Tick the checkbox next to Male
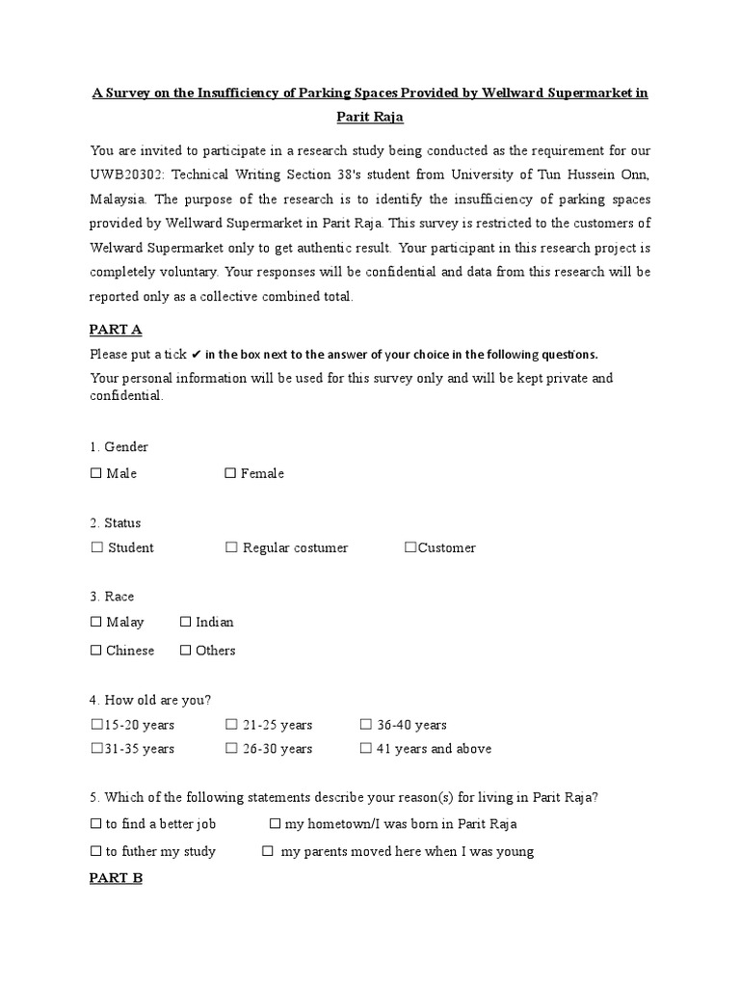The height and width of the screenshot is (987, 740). (95, 473)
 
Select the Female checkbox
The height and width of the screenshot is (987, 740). (230, 473)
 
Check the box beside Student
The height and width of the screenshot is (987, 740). (96, 547)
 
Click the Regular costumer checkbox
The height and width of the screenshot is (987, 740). (231, 547)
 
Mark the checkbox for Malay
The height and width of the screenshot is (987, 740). (95, 623)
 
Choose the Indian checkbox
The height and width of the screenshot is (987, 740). (186, 623)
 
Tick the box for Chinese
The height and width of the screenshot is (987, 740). (95, 651)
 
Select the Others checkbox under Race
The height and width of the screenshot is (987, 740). (185, 651)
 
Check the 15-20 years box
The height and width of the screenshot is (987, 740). (95, 725)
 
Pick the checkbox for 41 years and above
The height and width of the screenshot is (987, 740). (365, 749)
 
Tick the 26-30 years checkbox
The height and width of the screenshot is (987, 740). (231, 749)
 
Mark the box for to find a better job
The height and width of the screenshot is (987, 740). (95, 824)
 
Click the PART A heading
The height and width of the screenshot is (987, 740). (116, 330)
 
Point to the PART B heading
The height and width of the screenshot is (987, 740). (116, 878)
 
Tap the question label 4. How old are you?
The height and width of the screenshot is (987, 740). (150, 700)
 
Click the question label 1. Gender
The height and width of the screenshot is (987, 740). (119, 447)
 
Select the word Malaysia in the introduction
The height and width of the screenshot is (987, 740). (117, 200)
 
